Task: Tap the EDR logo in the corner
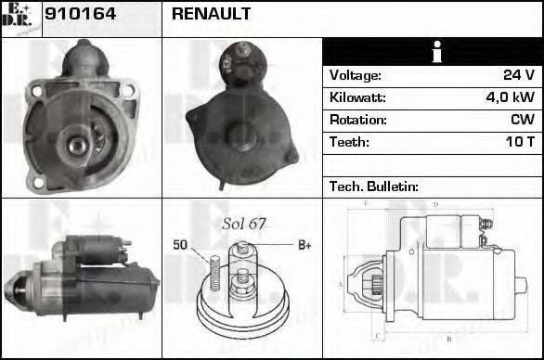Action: coord(20,19)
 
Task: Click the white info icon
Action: coord(432,52)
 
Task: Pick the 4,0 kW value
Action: coord(512,97)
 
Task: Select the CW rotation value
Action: coord(523,120)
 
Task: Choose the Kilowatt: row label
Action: coord(358,97)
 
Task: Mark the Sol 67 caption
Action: coord(243,225)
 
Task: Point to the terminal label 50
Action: coord(181,245)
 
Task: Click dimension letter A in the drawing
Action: coord(341,284)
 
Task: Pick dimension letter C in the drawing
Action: coord(376,335)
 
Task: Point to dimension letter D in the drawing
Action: coord(435,204)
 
